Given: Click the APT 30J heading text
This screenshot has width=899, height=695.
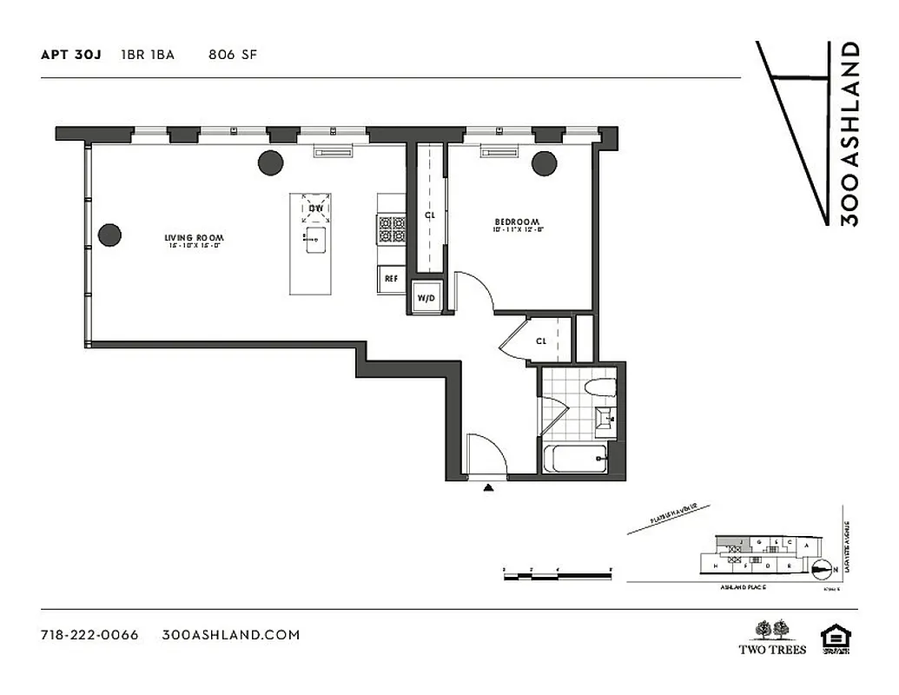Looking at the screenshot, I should [x=71, y=55].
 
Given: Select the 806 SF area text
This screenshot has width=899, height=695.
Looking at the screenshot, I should [x=233, y=55].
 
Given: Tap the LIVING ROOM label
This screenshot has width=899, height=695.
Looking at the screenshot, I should [x=195, y=237].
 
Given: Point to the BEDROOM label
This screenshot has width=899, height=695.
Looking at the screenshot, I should [x=518, y=222].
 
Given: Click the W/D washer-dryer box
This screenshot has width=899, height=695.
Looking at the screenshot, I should [x=426, y=298].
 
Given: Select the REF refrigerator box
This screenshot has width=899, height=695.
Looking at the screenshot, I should [x=391, y=279].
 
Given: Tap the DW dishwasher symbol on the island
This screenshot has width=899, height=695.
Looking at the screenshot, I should [x=316, y=208].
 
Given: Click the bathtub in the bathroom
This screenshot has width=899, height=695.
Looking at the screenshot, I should [x=577, y=458].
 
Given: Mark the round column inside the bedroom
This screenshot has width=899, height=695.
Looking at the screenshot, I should [x=545, y=162].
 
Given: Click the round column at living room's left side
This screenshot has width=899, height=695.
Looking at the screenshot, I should [x=109, y=235].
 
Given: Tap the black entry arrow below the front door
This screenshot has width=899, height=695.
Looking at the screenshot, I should [x=488, y=488].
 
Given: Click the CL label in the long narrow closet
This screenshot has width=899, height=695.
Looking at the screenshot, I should [x=429, y=215].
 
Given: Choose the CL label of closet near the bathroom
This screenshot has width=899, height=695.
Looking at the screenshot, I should [x=541, y=341].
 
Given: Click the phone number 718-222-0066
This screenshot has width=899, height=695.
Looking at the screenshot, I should [x=89, y=635].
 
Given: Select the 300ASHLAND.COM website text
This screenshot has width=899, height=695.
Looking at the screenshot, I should [x=231, y=635].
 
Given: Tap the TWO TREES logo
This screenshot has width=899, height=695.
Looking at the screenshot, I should [x=772, y=638].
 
